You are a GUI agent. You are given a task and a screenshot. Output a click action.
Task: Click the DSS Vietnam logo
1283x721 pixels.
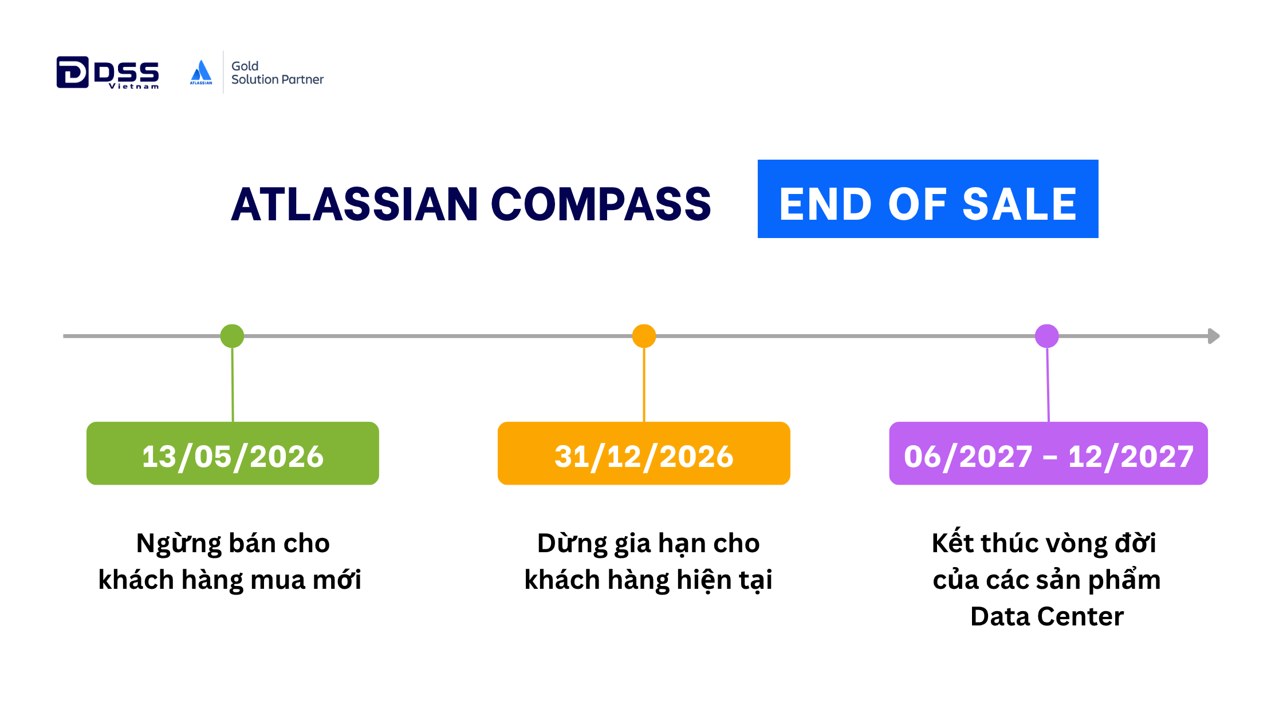108,73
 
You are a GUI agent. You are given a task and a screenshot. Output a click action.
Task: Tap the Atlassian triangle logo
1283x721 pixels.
201,72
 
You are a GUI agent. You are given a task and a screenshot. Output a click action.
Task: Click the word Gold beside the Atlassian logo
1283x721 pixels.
245,66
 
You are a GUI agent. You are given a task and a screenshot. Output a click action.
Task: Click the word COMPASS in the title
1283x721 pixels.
601,204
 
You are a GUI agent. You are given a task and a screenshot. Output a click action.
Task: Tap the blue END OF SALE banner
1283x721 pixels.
928,199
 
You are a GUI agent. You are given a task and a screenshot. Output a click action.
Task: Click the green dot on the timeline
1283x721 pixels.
232,336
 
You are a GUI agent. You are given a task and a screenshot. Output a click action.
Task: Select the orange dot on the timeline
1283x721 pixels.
644,336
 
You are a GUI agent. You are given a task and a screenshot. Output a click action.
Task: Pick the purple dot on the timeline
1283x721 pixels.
1047,336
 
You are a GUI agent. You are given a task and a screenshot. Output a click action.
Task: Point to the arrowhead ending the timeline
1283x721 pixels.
1214,336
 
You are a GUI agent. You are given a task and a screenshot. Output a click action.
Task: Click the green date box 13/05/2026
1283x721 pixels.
233,453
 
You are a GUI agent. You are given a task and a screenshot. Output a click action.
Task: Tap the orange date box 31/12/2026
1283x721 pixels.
644,453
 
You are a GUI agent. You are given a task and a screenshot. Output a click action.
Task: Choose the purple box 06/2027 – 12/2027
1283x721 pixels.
1048,453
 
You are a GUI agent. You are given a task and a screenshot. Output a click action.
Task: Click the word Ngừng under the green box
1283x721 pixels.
178,544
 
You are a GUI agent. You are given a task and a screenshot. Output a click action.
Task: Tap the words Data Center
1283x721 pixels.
1047,616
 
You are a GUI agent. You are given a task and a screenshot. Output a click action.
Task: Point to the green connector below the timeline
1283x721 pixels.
233,385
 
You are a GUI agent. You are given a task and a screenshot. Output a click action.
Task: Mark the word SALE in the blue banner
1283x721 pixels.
1020,204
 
